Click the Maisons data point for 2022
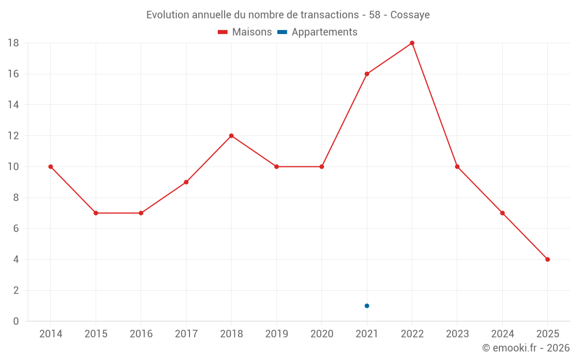click(x=412, y=43)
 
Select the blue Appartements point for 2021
click(x=367, y=306)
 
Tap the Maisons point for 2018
click(x=231, y=136)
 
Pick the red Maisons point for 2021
click(x=367, y=74)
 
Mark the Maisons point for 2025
click(x=547, y=259)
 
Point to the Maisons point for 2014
click(x=51, y=166)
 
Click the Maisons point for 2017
click(x=186, y=182)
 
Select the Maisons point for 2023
click(x=457, y=166)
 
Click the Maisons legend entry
click(x=245, y=32)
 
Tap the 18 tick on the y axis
click(x=13, y=43)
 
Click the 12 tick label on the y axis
click(x=13, y=136)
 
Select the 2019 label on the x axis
click(x=276, y=334)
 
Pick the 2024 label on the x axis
click(x=502, y=334)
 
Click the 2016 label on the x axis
click(x=141, y=334)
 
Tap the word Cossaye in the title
click(x=410, y=15)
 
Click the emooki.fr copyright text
click(x=526, y=348)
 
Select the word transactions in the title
click(x=331, y=15)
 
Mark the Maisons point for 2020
click(x=321, y=166)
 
